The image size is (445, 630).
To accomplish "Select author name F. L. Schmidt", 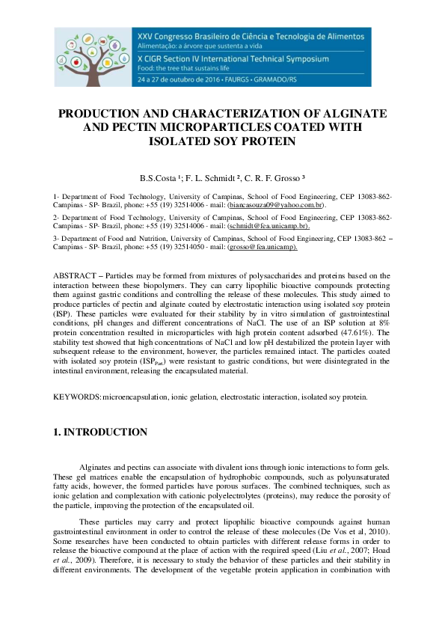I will pyautogui.click(x=215, y=179).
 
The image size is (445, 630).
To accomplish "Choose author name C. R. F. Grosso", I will pyautogui.click(x=272, y=179).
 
